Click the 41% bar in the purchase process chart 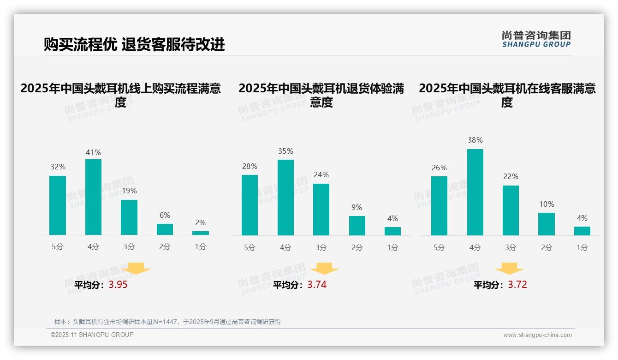[93, 197]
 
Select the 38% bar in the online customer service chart [475, 192]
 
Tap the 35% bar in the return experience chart [285, 198]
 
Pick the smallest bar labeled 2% [200, 233]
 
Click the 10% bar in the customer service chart [546, 224]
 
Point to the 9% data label [357, 208]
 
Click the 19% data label [129, 191]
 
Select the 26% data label [439, 168]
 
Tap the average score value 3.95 [118, 285]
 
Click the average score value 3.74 [317, 285]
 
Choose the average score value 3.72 [517, 285]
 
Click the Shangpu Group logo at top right [536, 39]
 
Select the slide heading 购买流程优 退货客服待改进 [134, 44]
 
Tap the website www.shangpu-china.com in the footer [537, 335]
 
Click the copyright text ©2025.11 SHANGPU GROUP [92, 335]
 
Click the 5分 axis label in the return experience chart [250, 248]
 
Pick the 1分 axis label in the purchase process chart [200, 247]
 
